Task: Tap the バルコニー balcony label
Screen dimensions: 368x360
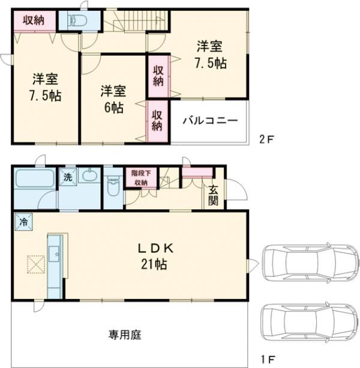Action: click(210, 120)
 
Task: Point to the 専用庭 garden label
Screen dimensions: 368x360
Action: click(125, 333)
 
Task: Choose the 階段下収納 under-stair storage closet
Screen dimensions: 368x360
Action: click(140, 178)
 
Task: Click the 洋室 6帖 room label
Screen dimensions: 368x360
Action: click(113, 99)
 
